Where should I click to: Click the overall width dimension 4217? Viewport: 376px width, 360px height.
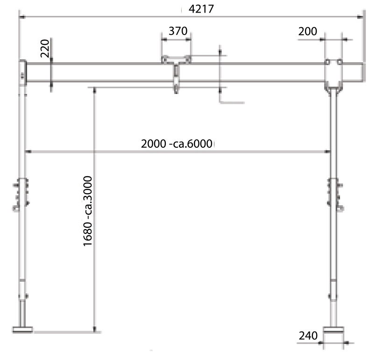click(x=201, y=9)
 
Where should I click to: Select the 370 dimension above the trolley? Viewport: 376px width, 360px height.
click(x=178, y=31)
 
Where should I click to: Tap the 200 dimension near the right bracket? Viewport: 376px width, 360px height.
click(x=308, y=31)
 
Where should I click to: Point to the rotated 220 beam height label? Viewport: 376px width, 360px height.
click(x=45, y=49)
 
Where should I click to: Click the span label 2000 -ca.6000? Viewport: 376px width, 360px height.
click(x=177, y=144)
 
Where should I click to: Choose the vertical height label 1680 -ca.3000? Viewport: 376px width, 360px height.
click(x=87, y=211)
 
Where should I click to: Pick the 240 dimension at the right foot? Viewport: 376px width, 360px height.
click(x=308, y=336)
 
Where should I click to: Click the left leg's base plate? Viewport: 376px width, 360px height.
click(x=22, y=330)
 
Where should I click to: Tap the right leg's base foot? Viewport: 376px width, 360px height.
click(x=333, y=330)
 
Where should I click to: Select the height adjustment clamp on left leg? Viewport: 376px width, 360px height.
click(x=21, y=194)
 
